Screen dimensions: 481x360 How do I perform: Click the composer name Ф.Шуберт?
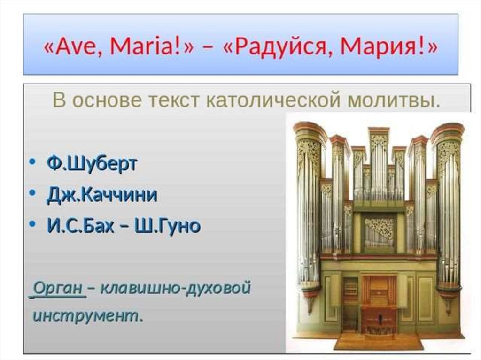(x=92, y=163)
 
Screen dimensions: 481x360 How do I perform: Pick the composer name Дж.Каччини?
(x=102, y=194)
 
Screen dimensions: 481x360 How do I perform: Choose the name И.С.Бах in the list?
(x=80, y=226)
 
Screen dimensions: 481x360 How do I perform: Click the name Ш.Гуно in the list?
(x=168, y=226)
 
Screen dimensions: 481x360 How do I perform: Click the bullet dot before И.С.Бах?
(x=32, y=223)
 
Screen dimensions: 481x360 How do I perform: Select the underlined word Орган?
(x=58, y=288)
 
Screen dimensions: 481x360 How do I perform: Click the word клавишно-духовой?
(x=176, y=288)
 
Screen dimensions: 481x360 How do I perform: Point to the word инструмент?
(x=86, y=316)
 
